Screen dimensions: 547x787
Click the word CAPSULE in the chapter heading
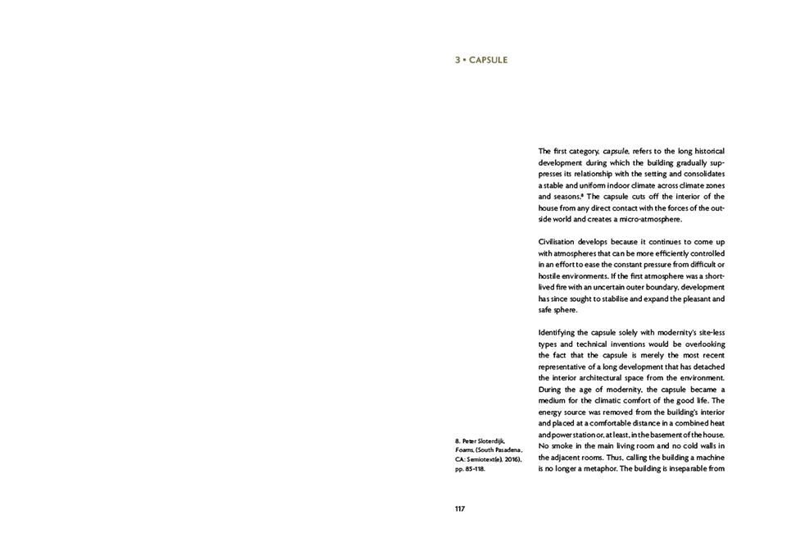pyautogui.click(x=489, y=61)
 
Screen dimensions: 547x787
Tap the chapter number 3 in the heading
pyautogui.click(x=457, y=61)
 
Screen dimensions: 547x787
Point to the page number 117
pyautogui.click(x=460, y=508)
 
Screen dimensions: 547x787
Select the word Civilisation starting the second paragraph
pyautogui.click(x=558, y=242)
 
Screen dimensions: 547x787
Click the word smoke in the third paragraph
pyautogui.click(x=565, y=445)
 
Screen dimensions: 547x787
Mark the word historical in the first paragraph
pyautogui.click(x=706, y=151)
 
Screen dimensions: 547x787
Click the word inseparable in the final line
pyautogui.click(x=684, y=468)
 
